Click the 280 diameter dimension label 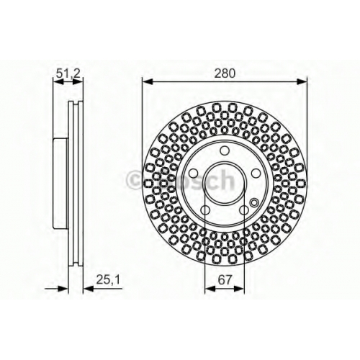click(x=225, y=73)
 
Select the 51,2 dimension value click(x=68, y=73)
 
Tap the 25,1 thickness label click(x=108, y=279)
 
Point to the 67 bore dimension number click(x=225, y=279)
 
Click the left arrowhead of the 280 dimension click(x=148, y=81)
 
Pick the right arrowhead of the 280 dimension click(x=302, y=81)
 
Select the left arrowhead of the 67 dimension click(x=210, y=288)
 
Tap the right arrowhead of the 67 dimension click(x=239, y=288)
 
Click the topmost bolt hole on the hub click(x=225, y=150)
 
